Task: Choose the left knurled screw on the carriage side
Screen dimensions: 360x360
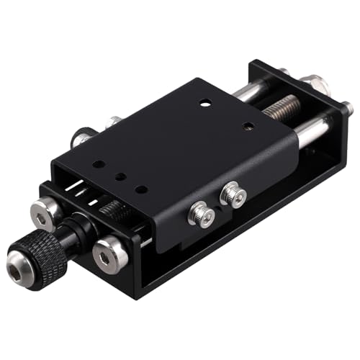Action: tap(202, 214)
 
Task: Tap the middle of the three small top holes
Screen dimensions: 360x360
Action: tap(121, 176)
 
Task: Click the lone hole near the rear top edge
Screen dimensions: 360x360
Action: tap(204, 102)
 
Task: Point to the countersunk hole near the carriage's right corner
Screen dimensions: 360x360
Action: tap(248, 126)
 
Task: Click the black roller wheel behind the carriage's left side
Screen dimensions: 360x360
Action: tap(81, 137)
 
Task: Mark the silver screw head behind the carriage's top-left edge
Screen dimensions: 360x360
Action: tap(113, 122)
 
